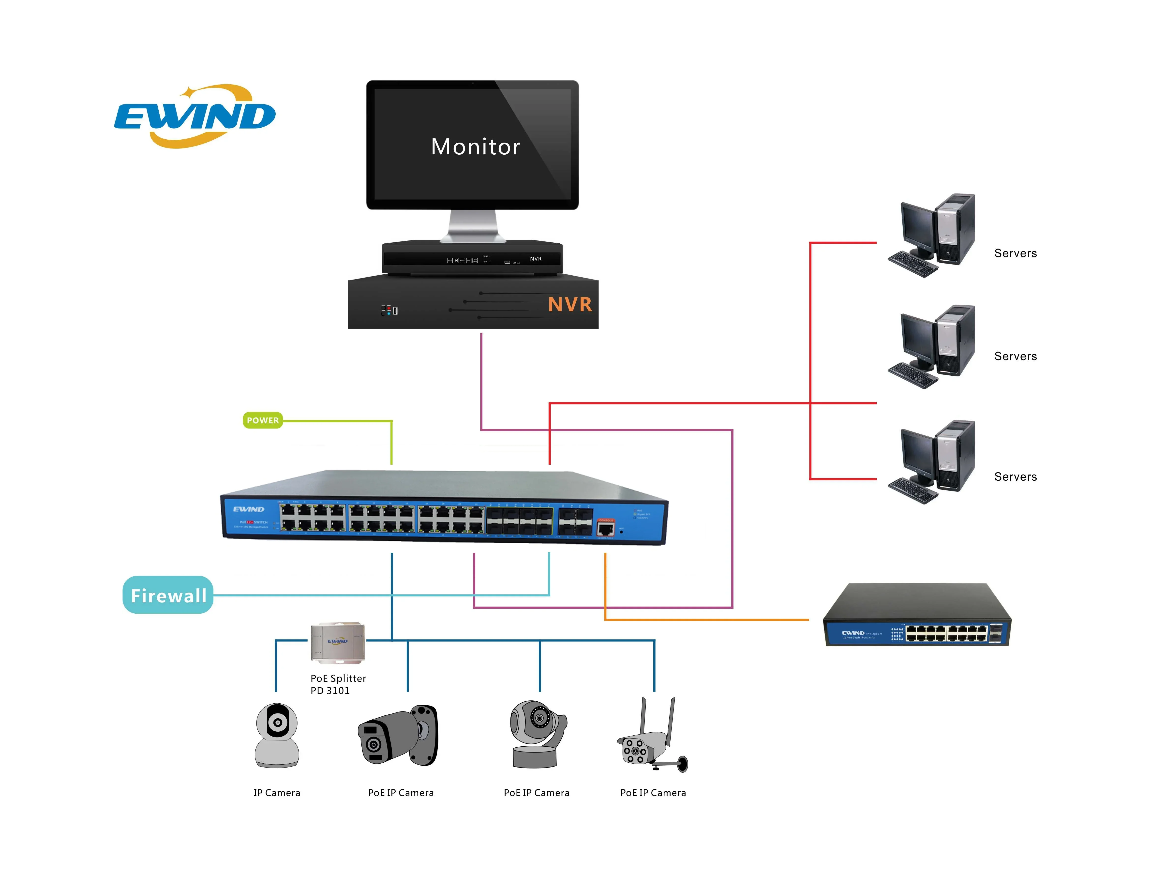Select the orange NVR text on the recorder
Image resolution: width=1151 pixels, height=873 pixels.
tap(570, 304)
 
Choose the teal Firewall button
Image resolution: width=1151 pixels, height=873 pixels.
tap(168, 595)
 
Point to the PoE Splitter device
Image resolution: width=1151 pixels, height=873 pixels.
tap(338, 643)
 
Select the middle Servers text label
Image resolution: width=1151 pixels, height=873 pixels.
tap(1015, 356)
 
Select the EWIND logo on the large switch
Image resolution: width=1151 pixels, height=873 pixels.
tap(249, 509)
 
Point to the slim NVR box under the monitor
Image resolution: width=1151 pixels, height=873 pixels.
tap(472, 258)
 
